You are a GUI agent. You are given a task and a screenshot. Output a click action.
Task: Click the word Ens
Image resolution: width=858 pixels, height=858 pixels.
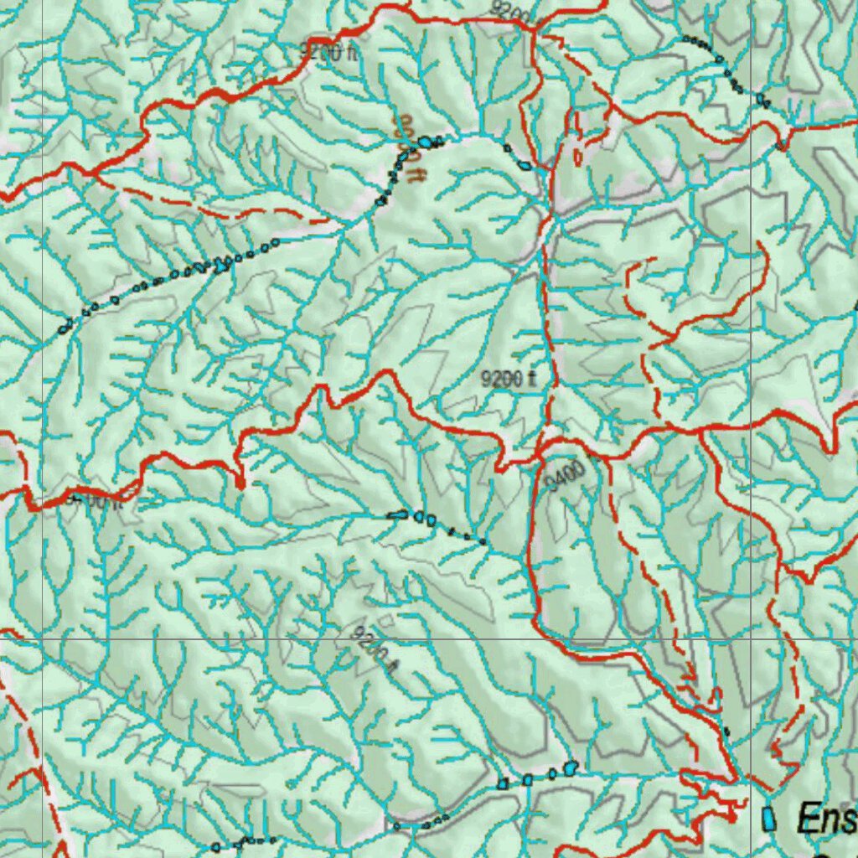(x=826, y=818)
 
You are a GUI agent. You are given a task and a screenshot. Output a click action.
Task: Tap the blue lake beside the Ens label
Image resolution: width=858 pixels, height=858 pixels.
(x=768, y=819)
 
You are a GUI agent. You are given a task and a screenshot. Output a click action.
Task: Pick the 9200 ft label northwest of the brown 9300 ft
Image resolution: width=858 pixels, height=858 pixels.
(x=328, y=52)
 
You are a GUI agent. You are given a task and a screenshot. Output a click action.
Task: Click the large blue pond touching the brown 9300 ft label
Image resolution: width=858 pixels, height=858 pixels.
(x=426, y=142)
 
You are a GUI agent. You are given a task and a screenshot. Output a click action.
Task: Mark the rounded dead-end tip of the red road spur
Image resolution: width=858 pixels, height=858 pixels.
(x=240, y=483)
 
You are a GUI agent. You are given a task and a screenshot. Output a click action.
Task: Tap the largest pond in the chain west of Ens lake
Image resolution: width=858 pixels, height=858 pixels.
(x=571, y=766)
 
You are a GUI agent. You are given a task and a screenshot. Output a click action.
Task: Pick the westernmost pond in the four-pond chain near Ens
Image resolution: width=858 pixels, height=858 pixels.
(x=503, y=784)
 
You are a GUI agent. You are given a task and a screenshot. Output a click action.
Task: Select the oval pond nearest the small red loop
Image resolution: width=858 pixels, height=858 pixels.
(x=525, y=166)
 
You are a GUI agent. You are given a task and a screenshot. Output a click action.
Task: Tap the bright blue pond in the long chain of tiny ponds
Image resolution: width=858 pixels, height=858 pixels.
(x=222, y=266)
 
